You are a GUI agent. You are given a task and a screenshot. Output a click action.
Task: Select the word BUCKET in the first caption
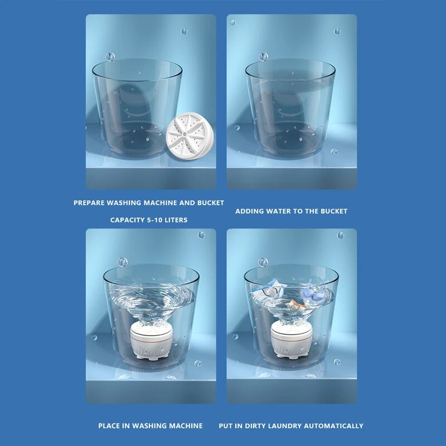210,203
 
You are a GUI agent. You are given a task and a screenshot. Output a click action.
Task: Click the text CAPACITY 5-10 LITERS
149,220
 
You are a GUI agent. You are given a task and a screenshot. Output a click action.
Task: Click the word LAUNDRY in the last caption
288,426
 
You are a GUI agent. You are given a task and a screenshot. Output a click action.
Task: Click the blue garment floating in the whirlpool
311,292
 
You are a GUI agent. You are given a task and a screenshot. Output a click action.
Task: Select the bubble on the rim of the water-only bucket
263,57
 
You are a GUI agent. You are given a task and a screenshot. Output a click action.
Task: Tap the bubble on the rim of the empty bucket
110,57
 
